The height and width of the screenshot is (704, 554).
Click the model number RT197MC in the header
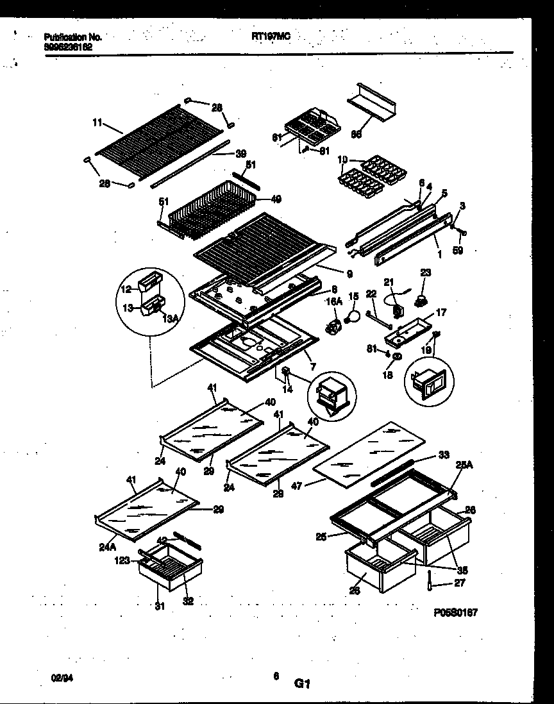pyautogui.click(x=271, y=37)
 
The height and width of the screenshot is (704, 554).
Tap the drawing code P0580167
pyautogui.click(x=456, y=613)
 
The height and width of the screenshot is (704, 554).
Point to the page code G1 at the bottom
pyautogui.click(x=302, y=684)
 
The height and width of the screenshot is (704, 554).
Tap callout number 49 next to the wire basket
pyautogui.click(x=276, y=199)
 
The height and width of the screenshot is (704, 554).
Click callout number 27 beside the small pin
pyautogui.click(x=458, y=583)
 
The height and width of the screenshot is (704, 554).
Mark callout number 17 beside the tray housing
pyautogui.click(x=442, y=313)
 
